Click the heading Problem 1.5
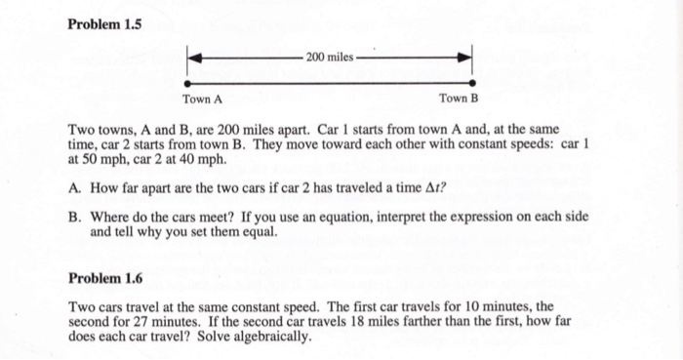tap(105, 23)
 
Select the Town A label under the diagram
tap(203, 100)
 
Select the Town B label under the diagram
tap(459, 100)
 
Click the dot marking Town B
tap(472, 84)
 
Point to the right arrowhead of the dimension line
tap(466, 58)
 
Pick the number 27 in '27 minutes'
tap(141, 320)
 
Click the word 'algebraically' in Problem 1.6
tap(274, 337)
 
